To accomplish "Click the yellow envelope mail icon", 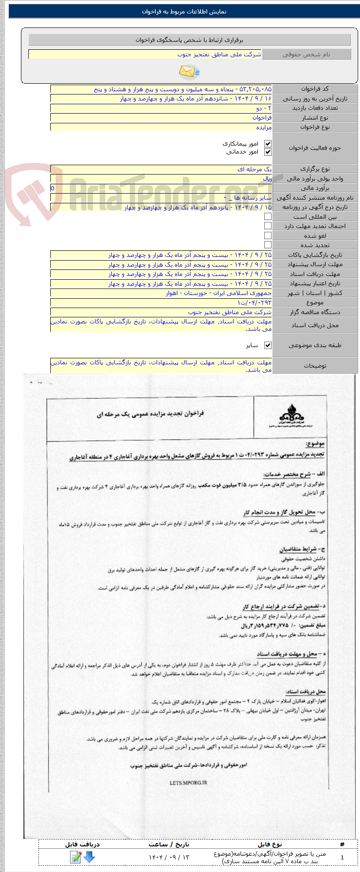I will click(189, 72).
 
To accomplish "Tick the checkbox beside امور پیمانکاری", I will click(267, 144).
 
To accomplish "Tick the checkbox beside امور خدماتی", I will click(267, 152).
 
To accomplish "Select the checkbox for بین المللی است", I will click(267, 216).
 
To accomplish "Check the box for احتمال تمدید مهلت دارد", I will click(267, 226).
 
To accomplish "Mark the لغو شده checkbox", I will click(267, 235).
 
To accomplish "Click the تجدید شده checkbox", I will click(267, 245).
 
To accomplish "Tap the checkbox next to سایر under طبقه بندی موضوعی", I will click(267, 345).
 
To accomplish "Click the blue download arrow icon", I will click(89, 857).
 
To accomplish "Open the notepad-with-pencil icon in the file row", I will click(75, 857).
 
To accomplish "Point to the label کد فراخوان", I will click(315, 89).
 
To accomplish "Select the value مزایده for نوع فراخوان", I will click(264, 127).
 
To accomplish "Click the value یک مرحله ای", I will click(254, 169).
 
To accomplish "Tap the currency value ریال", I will click(267, 179).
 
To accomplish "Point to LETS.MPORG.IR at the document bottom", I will click(188, 783).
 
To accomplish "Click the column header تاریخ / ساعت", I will click(169, 844).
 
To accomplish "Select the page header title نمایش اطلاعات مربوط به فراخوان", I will click(184, 12).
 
